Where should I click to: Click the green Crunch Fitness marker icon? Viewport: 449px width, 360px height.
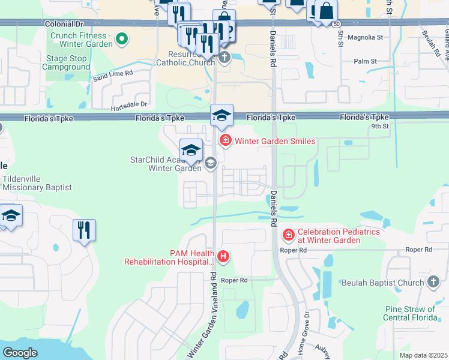121,40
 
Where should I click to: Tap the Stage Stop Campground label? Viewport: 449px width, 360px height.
66,63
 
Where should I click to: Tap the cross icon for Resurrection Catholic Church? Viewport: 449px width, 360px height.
224,58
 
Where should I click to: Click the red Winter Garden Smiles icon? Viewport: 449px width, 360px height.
226,140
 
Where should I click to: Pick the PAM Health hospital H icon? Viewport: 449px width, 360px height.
223,257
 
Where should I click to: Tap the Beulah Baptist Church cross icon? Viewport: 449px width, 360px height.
434,282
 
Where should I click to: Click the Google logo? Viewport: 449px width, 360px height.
20,353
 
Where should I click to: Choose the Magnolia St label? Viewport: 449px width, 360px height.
368,37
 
